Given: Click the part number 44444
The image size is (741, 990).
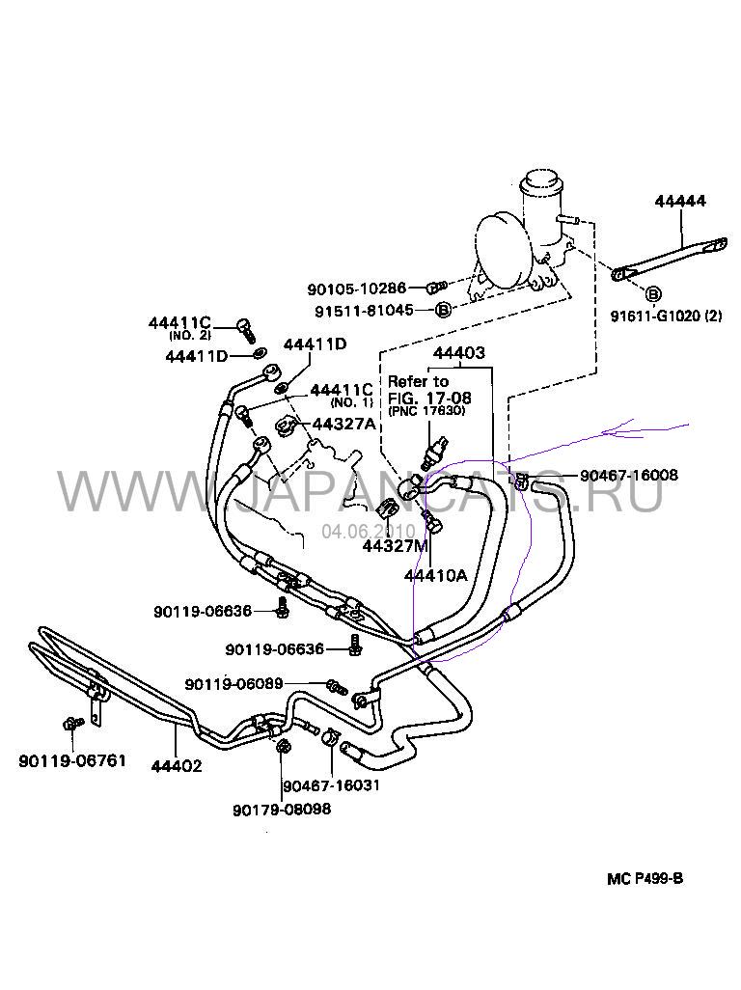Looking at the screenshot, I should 680,202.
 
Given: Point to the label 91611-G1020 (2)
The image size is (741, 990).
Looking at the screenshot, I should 666,316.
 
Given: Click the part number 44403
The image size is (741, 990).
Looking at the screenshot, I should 459,354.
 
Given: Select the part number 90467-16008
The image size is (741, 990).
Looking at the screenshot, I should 629,476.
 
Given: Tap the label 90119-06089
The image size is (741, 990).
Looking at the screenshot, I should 233,684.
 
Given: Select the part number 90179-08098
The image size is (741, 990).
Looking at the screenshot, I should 282,809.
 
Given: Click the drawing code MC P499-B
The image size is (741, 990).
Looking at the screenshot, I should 645,878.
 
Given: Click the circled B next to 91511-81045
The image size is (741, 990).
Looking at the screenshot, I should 443,310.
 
